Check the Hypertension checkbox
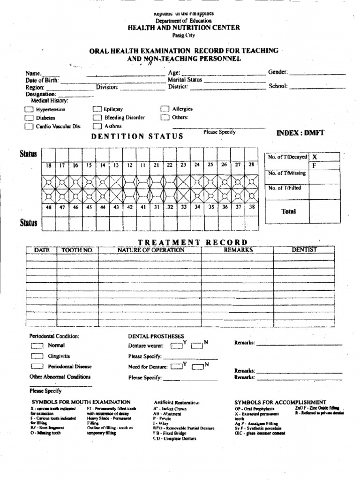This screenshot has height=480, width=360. pyautogui.click(x=29, y=109)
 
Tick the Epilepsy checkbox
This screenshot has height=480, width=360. pyautogui.click(x=97, y=109)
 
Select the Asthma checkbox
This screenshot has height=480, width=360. pyautogui.click(x=97, y=126)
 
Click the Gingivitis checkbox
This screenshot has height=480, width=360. pyautogui.click(x=37, y=356)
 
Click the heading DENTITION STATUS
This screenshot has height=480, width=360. pyautogui.click(x=137, y=136)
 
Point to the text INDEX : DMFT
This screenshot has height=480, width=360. pyautogui.click(x=300, y=133)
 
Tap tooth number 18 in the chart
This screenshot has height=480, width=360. pyautogui.click(x=48, y=165)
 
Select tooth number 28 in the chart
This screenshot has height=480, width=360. pyautogui.click(x=251, y=165)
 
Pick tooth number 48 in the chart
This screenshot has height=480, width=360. pyautogui.click(x=48, y=207)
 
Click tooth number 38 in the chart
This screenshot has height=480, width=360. pyautogui.click(x=252, y=207)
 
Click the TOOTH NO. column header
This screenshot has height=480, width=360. pyautogui.click(x=78, y=250)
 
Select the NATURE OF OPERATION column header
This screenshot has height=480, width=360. pyautogui.click(x=151, y=250)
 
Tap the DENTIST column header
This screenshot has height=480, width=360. pyautogui.click(x=304, y=250)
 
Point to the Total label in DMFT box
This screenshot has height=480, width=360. pyautogui.click(x=289, y=211)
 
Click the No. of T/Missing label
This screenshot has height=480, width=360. pyautogui.click(x=287, y=173)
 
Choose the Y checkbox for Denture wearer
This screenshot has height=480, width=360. pyautogui.click(x=176, y=346)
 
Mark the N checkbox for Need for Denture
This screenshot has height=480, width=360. pyautogui.click(x=197, y=367)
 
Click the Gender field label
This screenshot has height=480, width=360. pyautogui.click(x=277, y=73)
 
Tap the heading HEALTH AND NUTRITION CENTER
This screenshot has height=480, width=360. pyautogui.click(x=184, y=28)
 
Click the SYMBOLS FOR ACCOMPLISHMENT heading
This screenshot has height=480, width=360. pyautogui.click(x=280, y=402)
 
